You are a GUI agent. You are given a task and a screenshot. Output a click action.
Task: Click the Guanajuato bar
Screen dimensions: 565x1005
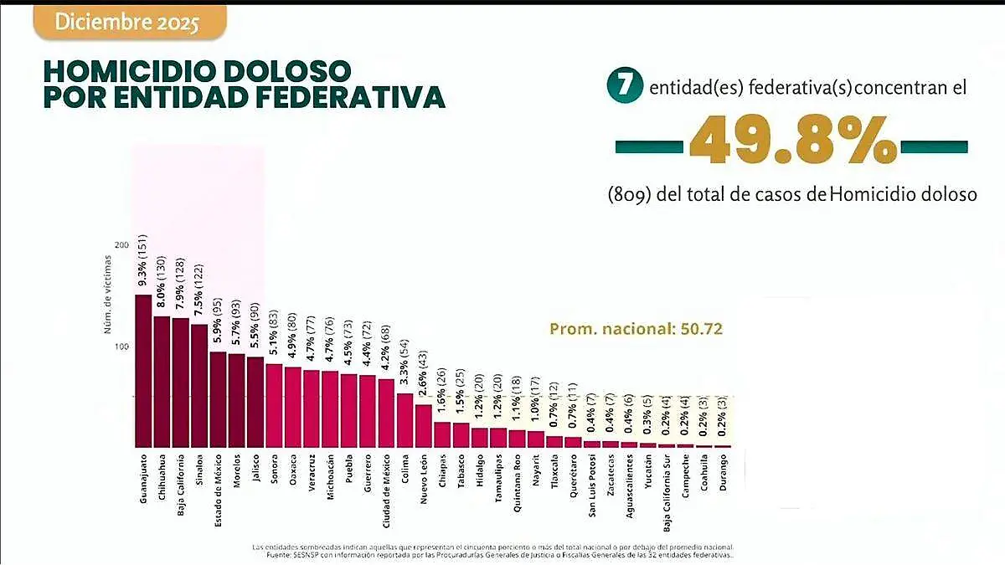(x=143, y=372)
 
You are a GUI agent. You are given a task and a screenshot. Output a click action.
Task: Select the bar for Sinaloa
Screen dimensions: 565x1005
(x=199, y=387)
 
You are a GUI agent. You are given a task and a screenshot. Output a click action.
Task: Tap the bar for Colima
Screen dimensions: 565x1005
(x=405, y=420)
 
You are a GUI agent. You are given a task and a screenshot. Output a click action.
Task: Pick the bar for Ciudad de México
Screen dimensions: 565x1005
(x=386, y=413)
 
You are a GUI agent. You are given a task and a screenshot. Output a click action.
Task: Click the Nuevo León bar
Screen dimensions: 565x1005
(x=424, y=426)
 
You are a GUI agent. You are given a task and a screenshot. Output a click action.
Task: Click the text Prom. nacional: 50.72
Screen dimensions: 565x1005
(x=636, y=329)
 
